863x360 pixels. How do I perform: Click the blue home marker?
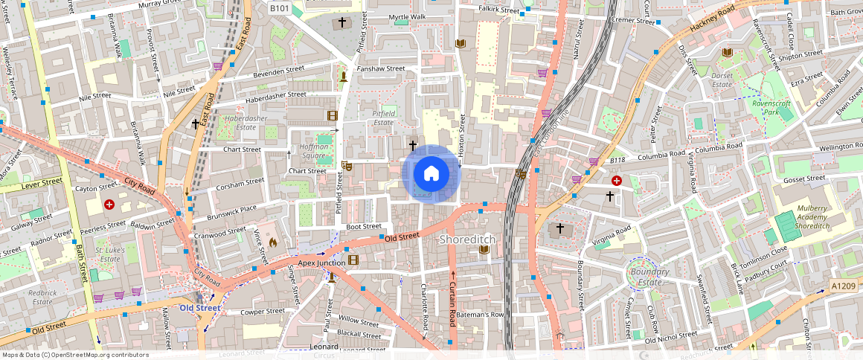(431, 173)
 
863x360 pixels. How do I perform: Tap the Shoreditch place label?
(467, 240)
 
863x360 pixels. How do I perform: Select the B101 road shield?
(280, 7)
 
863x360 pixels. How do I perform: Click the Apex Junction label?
(321, 263)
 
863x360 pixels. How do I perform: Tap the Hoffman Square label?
(313, 152)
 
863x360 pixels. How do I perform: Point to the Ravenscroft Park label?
(771, 108)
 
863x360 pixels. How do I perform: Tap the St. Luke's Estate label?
(109, 254)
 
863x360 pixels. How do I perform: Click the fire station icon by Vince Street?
(272, 242)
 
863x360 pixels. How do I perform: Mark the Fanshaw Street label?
(381, 68)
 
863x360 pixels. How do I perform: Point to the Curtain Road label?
(452, 305)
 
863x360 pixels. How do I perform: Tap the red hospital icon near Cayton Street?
(109, 204)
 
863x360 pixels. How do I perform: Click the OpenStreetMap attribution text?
(75, 355)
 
